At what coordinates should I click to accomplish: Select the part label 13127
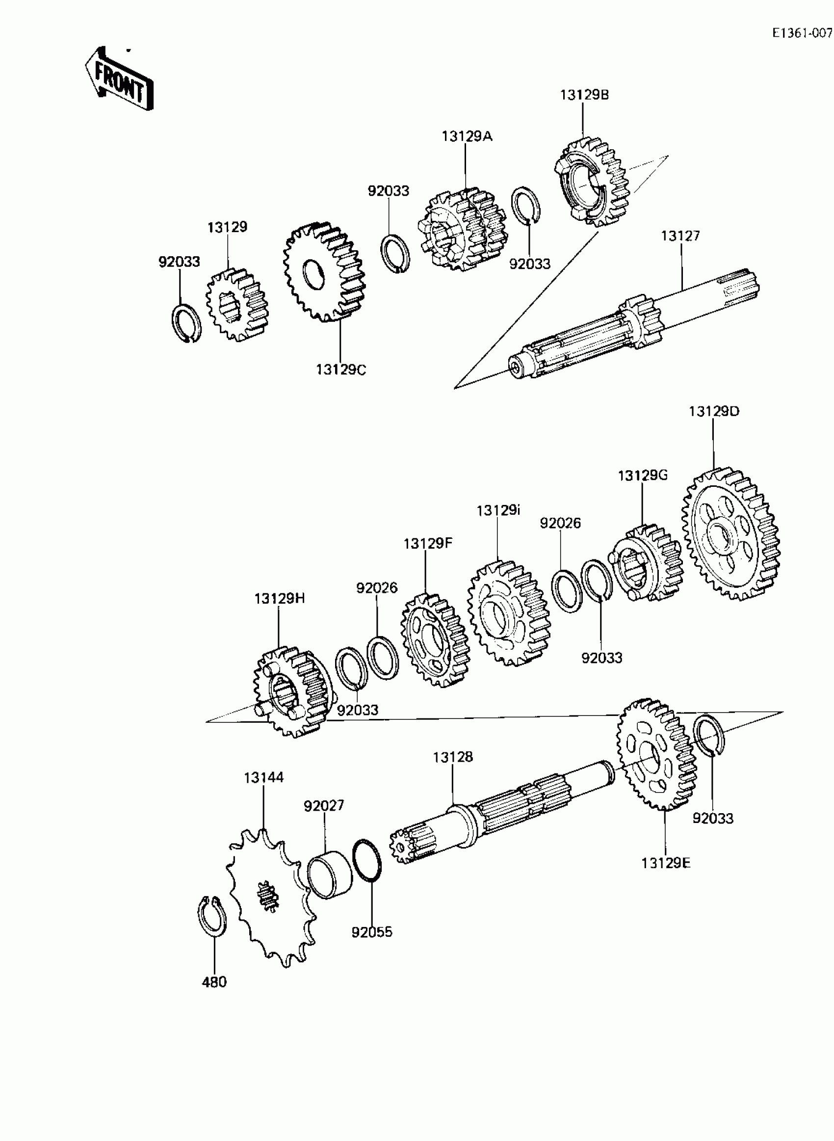point(680,236)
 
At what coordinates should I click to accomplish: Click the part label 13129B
point(584,95)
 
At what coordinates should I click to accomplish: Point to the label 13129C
point(341,370)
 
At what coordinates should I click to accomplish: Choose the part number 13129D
point(713,411)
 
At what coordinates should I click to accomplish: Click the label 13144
point(263,777)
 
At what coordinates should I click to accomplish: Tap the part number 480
point(214,982)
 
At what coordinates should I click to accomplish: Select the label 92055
point(371,932)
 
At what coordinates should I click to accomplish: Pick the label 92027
point(324,806)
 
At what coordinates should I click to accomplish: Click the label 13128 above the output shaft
point(453,757)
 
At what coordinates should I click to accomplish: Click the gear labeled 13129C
point(325,273)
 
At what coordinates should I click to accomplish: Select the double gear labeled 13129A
point(462,230)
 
